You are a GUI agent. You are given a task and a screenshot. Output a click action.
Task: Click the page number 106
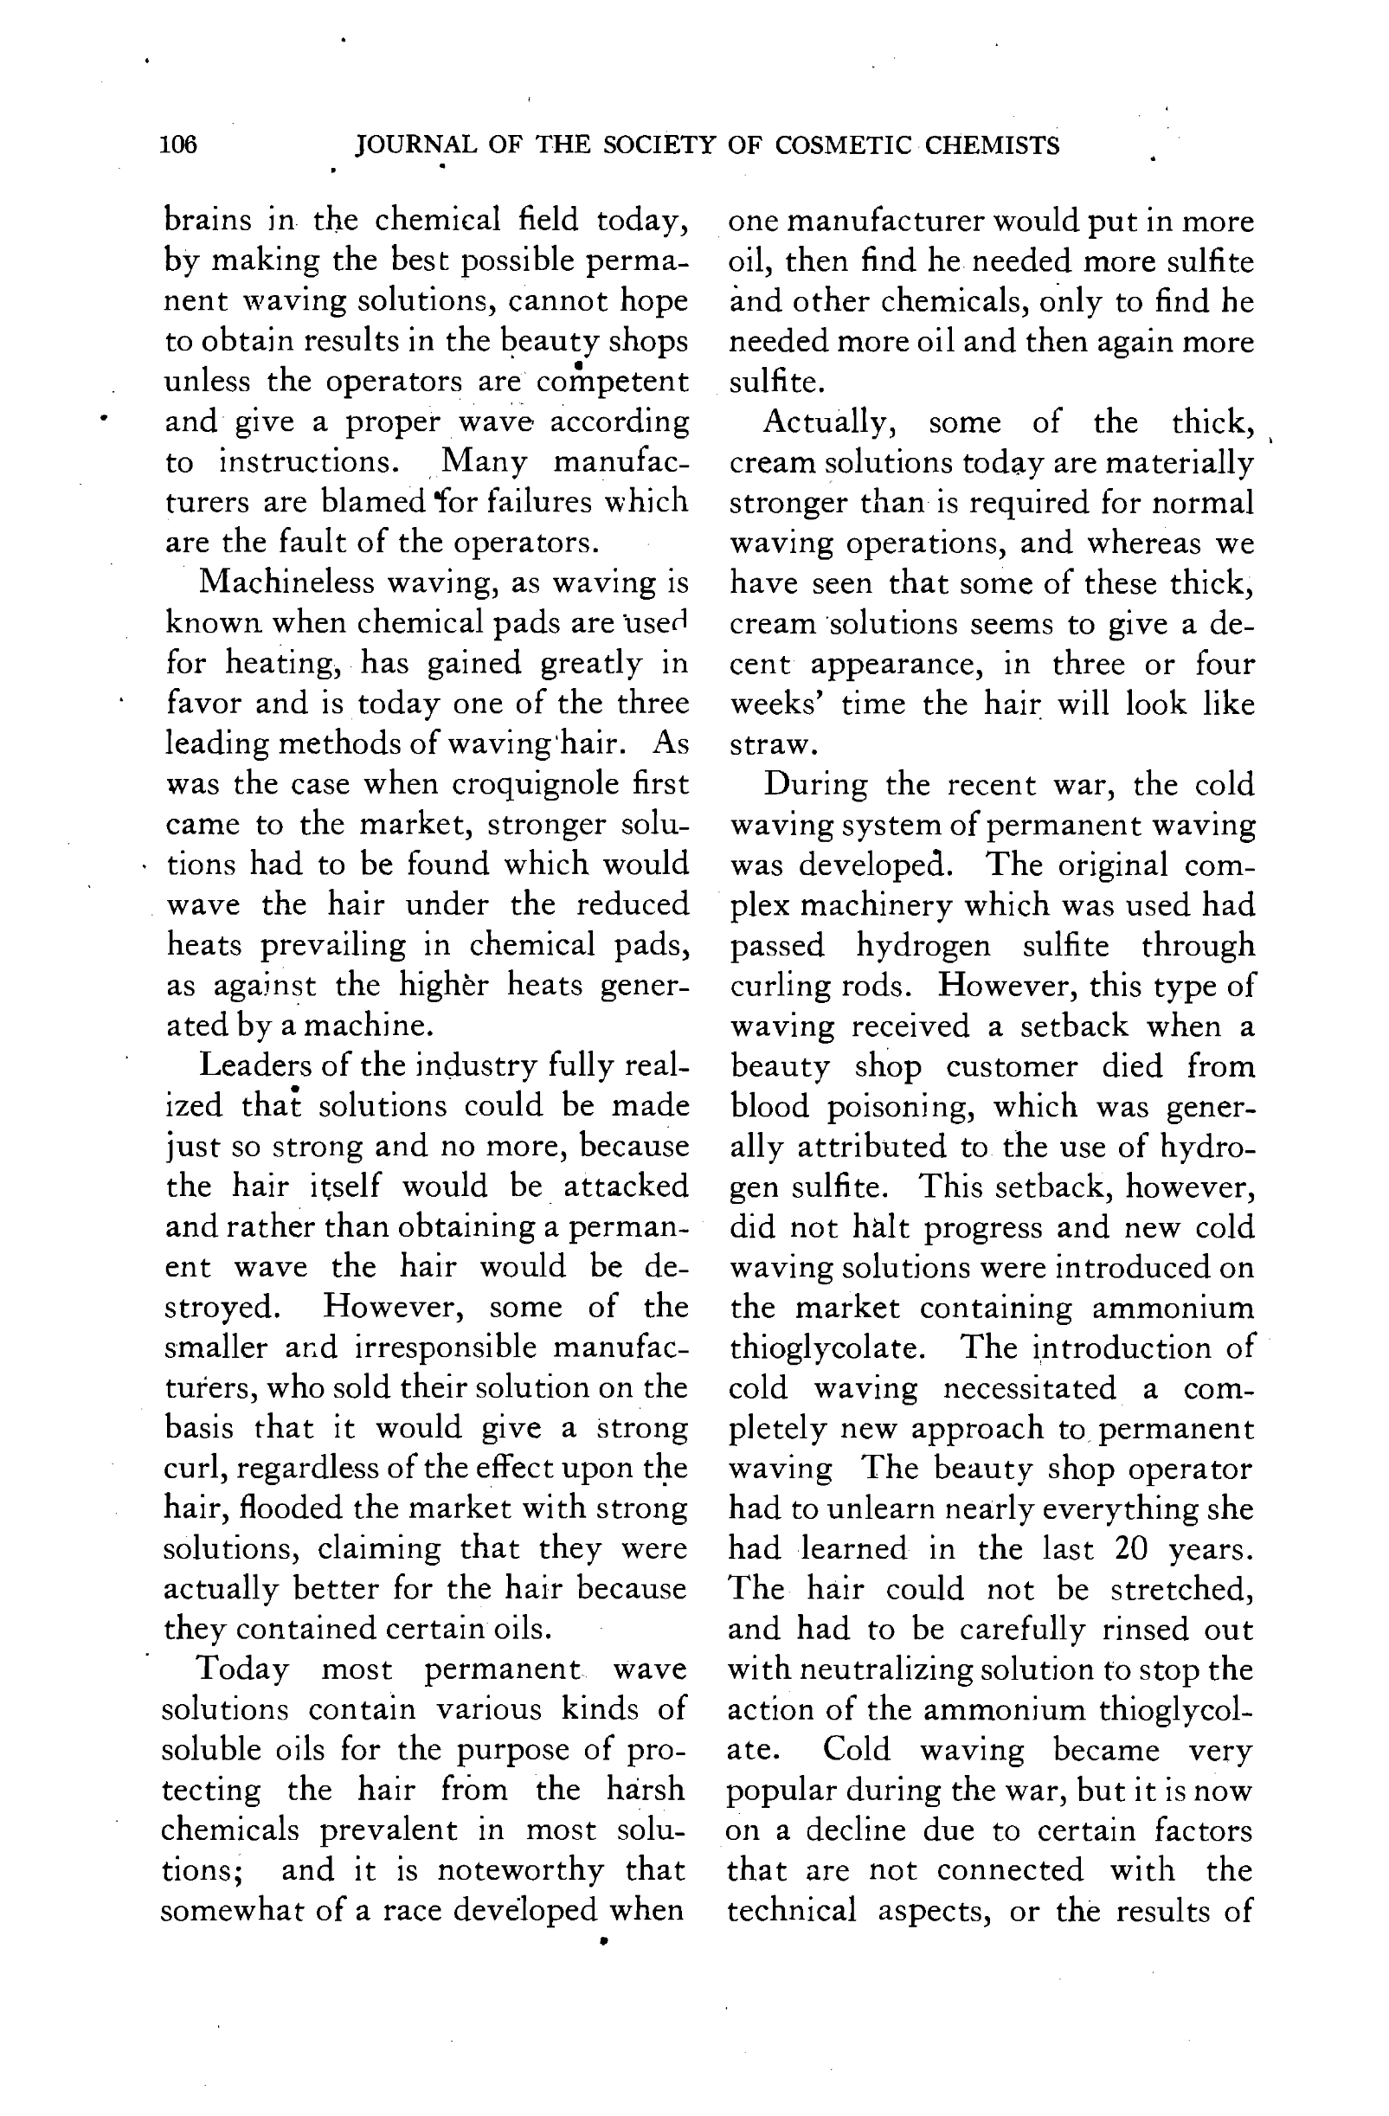click(x=179, y=145)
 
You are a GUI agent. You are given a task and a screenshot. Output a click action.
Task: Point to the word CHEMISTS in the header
click(x=992, y=145)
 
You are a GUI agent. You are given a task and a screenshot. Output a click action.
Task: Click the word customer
click(x=1011, y=1067)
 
